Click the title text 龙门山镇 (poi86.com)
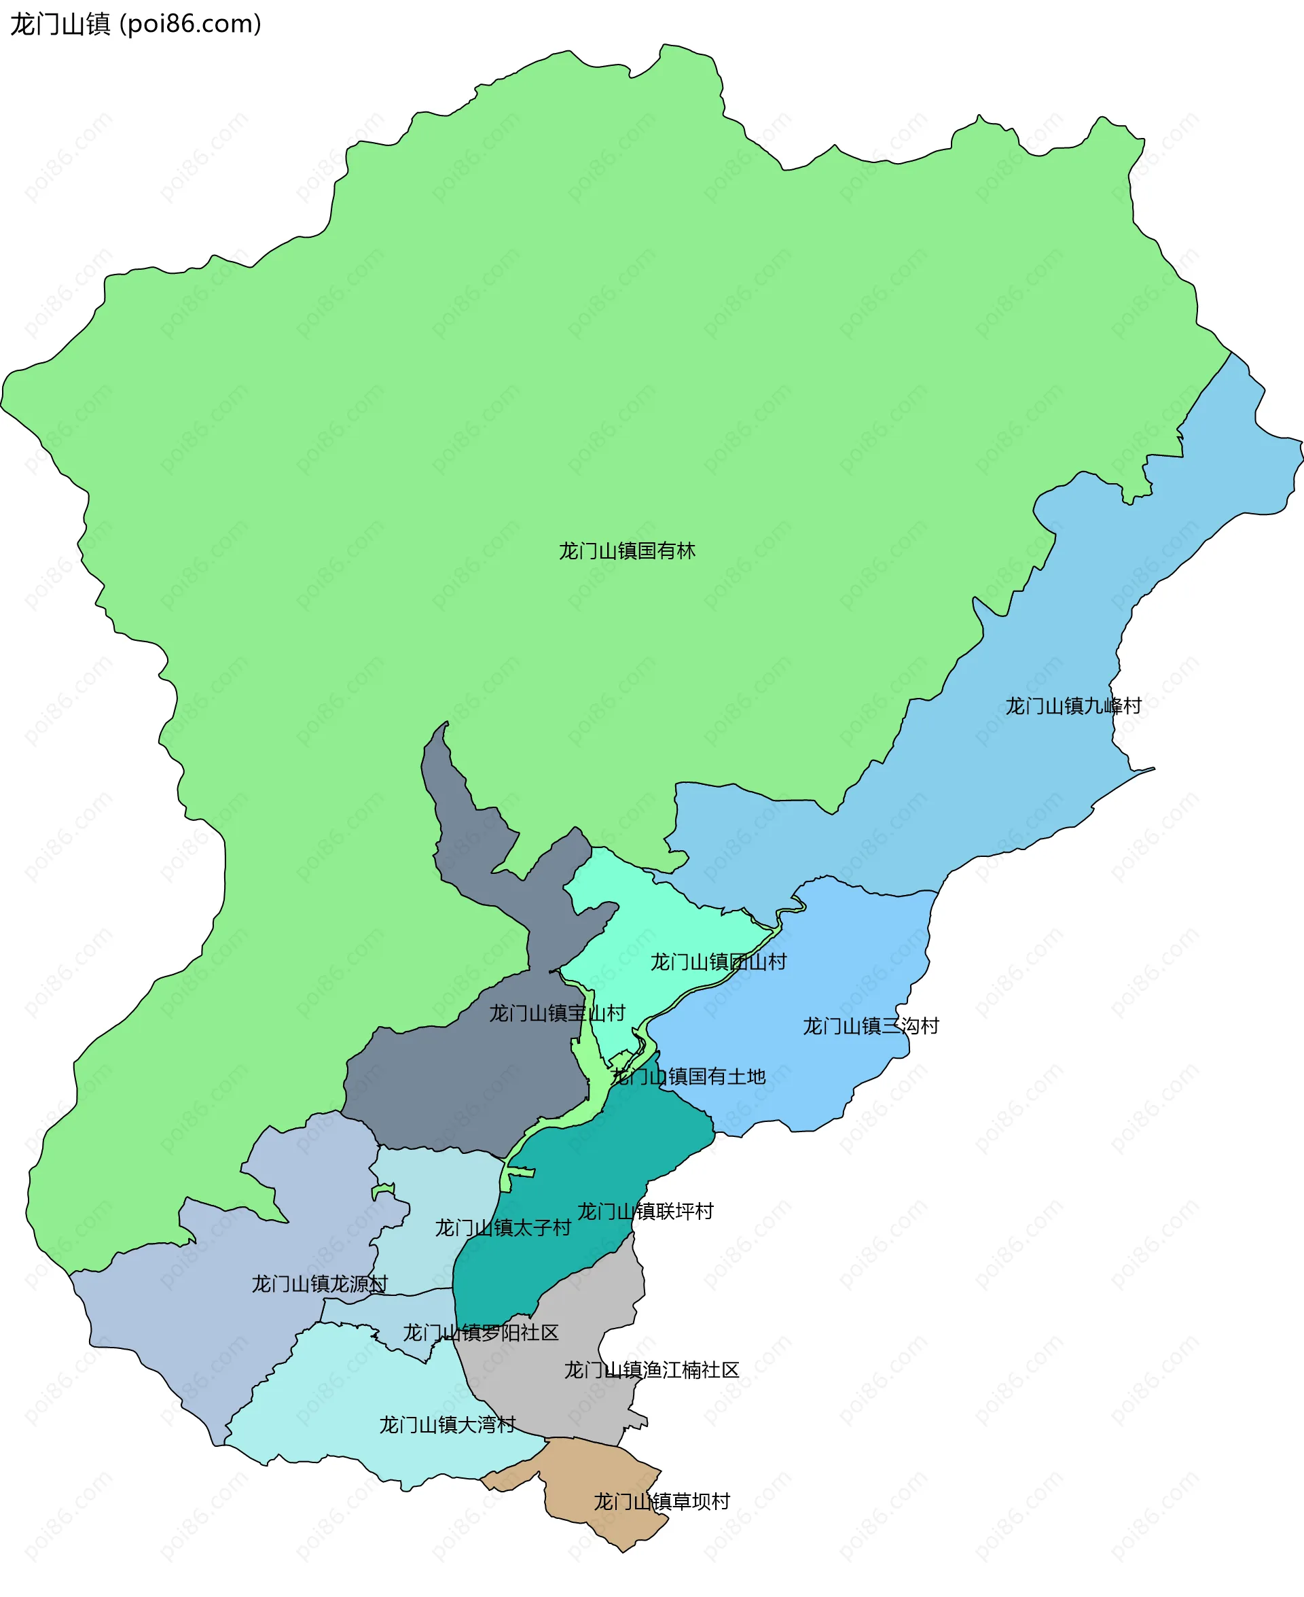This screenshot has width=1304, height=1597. [135, 24]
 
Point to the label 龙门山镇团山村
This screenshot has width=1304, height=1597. [717, 962]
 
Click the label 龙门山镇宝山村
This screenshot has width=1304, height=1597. [557, 1013]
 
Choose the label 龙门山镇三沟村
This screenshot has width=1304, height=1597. [871, 1026]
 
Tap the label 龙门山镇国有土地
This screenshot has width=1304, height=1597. [688, 1076]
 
